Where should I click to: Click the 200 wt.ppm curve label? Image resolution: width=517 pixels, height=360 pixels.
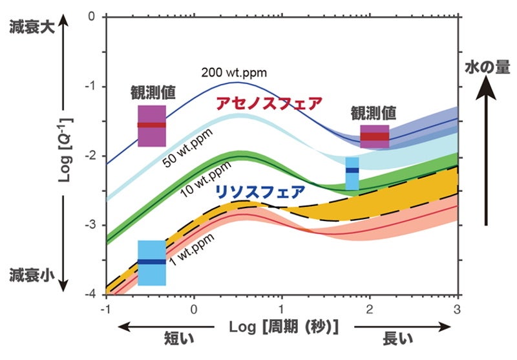tap(233, 72)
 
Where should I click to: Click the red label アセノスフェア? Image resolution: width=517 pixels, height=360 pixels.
tap(269, 103)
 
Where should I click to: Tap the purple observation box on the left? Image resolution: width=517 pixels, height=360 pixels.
tap(152, 125)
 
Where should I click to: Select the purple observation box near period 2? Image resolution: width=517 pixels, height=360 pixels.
tap(375, 136)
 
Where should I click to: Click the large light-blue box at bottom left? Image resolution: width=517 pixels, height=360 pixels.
tap(152, 262)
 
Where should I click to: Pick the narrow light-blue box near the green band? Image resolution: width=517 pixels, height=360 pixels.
tap(352, 173)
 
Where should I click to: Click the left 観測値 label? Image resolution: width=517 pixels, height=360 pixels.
tap(153, 92)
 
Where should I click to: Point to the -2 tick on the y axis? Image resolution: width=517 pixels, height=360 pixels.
tap(91, 156)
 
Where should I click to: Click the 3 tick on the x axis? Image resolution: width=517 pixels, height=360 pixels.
tap(458, 308)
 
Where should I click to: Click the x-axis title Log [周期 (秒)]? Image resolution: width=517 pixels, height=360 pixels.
tap(284, 326)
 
